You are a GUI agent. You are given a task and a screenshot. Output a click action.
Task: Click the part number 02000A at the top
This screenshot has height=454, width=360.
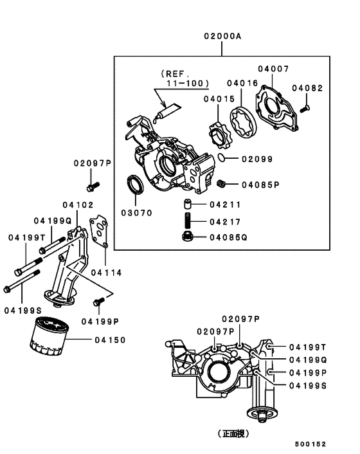(x=222, y=36)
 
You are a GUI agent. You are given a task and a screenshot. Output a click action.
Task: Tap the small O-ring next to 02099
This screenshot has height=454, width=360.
(x=221, y=158)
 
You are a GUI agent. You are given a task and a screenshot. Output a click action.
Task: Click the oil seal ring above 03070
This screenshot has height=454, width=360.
(x=135, y=184)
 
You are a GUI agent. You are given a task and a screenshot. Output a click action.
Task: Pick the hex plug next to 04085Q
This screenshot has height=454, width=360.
(x=186, y=237)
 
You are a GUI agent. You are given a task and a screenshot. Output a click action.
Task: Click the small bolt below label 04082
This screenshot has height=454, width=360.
(x=305, y=109)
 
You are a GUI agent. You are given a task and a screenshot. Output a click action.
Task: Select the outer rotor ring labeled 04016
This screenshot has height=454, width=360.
(x=243, y=122)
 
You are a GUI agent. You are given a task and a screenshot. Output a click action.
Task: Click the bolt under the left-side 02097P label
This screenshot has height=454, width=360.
(x=93, y=186)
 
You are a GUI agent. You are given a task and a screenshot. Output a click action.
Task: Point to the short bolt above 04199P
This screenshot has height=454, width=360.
(x=99, y=302)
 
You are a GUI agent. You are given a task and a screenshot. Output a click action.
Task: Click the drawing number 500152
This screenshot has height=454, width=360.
(x=310, y=444)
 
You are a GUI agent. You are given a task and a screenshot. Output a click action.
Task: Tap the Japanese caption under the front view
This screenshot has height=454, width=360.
(x=233, y=433)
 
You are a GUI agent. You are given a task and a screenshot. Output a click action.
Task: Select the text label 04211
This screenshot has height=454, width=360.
(x=225, y=204)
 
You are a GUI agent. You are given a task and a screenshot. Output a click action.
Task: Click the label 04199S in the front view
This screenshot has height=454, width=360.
(x=308, y=385)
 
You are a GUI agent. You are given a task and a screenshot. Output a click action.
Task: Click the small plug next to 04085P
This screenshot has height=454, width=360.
(x=221, y=183)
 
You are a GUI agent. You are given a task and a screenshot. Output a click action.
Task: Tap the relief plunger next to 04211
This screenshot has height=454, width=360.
(x=187, y=204)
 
